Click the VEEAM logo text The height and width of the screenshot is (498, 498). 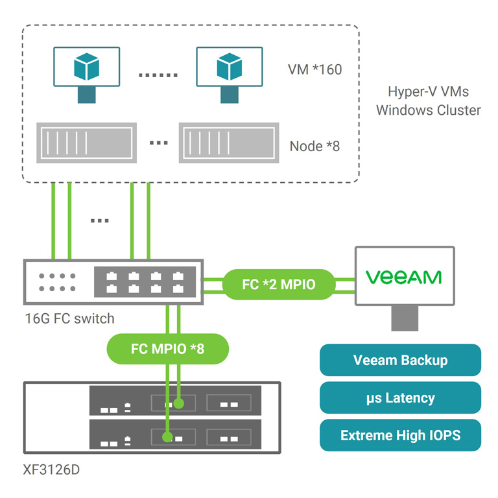(403, 277)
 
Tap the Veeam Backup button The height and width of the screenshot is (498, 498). (400, 360)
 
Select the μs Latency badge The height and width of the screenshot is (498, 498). (400, 397)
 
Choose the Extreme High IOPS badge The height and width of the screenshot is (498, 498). (400, 435)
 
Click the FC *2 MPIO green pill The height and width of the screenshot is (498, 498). (279, 284)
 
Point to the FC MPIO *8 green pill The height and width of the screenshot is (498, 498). (167, 349)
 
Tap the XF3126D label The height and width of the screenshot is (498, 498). (51, 469)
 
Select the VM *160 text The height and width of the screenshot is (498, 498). (314, 69)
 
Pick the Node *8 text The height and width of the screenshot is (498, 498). (314, 145)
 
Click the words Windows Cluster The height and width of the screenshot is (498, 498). (429, 110)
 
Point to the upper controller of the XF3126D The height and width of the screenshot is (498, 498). (175, 402)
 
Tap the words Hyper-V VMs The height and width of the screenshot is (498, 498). (429, 91)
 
